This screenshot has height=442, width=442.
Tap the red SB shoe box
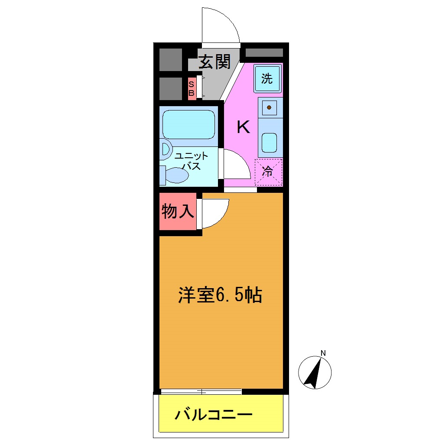[191, 88]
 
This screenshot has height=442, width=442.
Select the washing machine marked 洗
[267, 78]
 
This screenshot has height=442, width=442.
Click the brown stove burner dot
[269, 107]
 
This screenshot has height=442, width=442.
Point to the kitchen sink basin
[269, 143]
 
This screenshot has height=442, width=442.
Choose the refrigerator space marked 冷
[268, 172]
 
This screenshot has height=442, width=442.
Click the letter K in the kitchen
[243, 127]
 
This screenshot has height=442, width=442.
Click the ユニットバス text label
[191, 161]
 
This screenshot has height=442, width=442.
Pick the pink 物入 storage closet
[177, 212]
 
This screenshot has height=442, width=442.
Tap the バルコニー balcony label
[213, 416]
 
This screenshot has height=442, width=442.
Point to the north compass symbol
[315, 372]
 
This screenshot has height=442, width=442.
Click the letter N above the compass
[323, 352]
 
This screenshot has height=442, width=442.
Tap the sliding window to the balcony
[201, 391]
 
